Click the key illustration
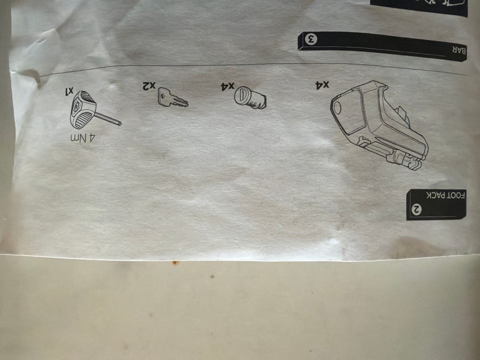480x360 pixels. (x=172, y=98)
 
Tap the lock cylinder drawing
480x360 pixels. (x=250, y=98)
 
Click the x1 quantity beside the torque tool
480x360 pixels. (x=69, y=90)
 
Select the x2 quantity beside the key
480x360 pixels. (x=149, y=85)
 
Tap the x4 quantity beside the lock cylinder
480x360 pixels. (x=227, y=86)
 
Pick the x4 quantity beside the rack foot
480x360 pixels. (x=322, y=85)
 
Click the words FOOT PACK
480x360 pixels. (x=446, y=195)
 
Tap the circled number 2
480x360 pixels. (x=416, y=209)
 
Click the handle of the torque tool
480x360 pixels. (x=82, y=109)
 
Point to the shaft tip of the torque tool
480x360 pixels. (x=119, y=123)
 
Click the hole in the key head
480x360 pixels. (x=162, y=96)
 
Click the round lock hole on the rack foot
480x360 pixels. (x=337, y=108)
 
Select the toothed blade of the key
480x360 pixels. (x=179, y=101)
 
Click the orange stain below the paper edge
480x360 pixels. (x=174, y=262)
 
